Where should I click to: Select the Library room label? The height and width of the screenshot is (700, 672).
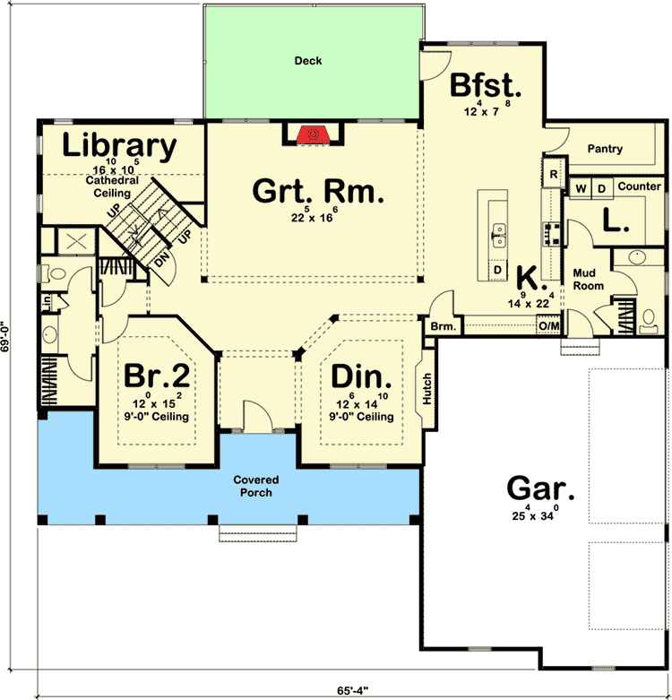pos(119,145)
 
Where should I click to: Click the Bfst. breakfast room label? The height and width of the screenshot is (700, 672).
pos(485,86)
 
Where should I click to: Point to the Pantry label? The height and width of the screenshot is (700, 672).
pos(605,149)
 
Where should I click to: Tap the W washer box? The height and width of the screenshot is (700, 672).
pos(581,187)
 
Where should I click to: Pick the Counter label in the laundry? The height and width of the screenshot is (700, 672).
pos(639,186)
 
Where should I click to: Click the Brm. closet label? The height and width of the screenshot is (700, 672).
pos(443,328)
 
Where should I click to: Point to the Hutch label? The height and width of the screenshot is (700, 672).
pos(427,388)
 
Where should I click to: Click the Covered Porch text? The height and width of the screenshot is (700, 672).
pos(256,487)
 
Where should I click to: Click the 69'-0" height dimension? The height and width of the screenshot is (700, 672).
pos(8,340)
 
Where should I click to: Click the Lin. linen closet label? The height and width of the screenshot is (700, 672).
pos(45,303)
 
